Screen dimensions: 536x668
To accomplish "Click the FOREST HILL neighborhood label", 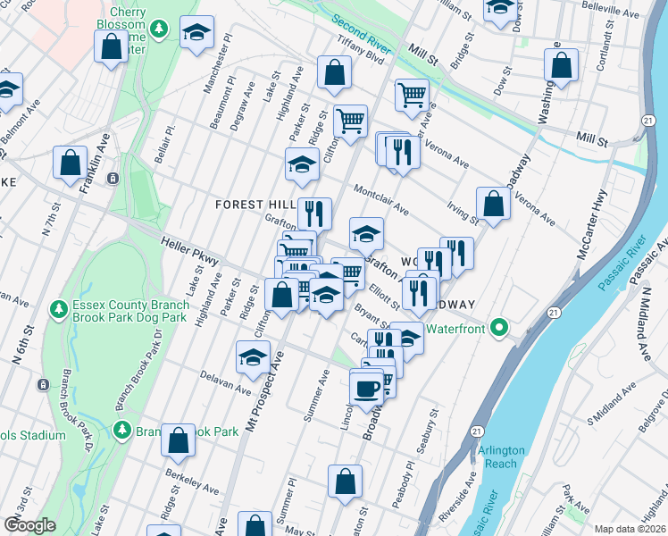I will [x=255, y=205].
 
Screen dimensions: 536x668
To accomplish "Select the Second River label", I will [x=363, y=32].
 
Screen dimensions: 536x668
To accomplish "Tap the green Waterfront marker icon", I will [x=501, y=329].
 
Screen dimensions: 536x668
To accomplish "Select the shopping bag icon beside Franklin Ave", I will [x=70, y=163].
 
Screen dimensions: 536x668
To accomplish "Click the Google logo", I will [x=30, y=524].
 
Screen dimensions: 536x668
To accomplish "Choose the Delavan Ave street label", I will [x=226, y=382].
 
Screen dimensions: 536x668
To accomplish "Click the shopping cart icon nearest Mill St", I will [x=412, y=94].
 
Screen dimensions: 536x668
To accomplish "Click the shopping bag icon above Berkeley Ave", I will [x=179, y=439].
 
